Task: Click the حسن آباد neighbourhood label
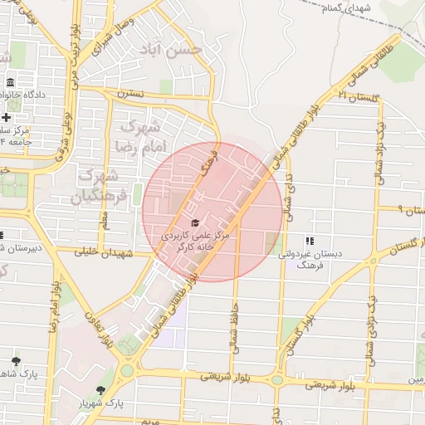click(x=183, y=48)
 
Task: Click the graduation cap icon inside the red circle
click(x=195, y=222)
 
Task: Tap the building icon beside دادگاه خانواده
click(x=10, y=83)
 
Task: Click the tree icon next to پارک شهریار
click(x=101, y=390)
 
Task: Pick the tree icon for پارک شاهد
click(x=16, y=361)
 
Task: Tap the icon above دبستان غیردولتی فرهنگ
click(x=309, y=241)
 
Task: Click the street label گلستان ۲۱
click(x=359, y=97)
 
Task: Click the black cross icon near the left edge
click(x=6, y=117)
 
